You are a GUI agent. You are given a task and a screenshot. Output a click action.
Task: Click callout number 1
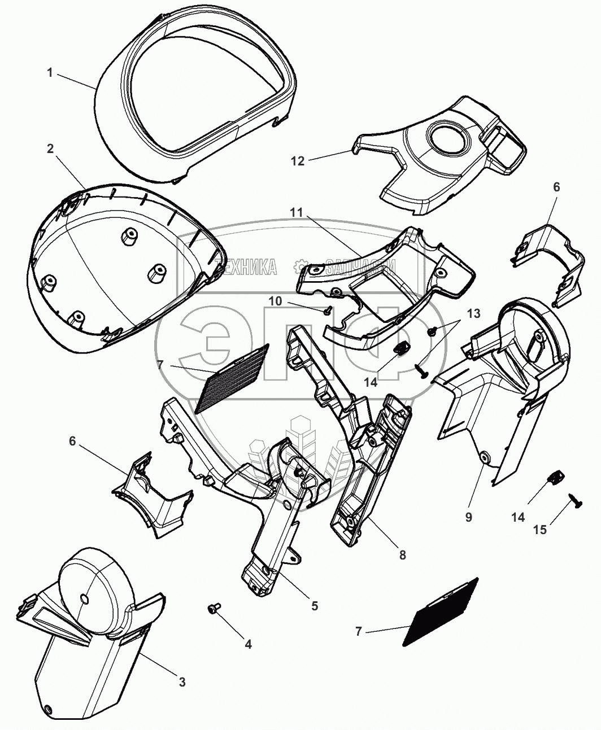click(x=50, y=73)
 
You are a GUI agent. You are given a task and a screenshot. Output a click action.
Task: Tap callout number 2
click(x=50, y=149)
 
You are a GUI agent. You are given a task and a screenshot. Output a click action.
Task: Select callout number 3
click(x=182, y=682)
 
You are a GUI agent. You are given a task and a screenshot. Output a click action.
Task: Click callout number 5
click(x=314, y=606)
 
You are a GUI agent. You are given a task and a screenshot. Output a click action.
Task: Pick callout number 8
click(x=402, y=555)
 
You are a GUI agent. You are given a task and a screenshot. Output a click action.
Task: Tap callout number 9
click(x=468, y=517)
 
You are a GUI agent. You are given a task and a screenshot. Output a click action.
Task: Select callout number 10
click(x=275, y=301)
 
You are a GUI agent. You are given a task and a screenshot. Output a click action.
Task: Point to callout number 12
click(x=298, y=161)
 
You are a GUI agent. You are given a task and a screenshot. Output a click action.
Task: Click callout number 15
click(x=541, y=530)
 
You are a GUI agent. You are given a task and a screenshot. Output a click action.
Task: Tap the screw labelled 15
click(x=575, y=500)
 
